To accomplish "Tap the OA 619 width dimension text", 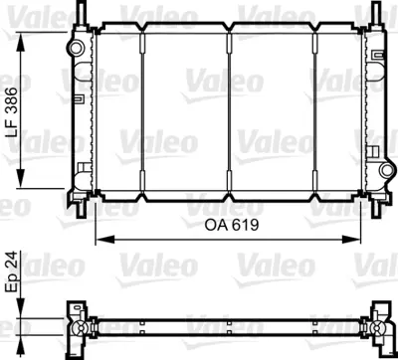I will pyautogui.click(x=224, y=226).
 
